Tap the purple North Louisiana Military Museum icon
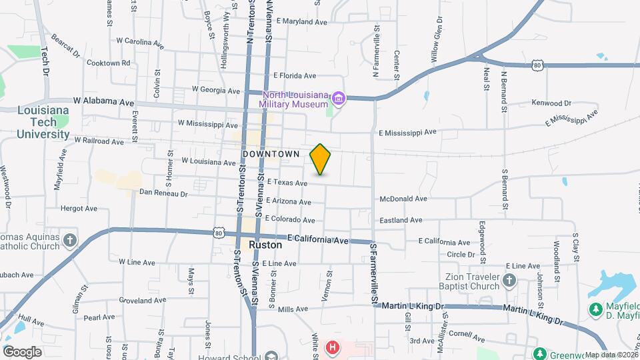[339, 99]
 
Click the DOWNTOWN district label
[271, 154]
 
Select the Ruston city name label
[265, 245]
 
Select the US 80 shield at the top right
[539, 65]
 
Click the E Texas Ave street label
[287, 183]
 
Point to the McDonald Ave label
[403, 199]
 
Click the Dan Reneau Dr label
[163, 193]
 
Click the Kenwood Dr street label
[551, 103]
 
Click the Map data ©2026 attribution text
[609, 355]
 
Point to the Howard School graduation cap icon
[270, 355]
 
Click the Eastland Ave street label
[401, 220]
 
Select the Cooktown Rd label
[108, 63]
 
